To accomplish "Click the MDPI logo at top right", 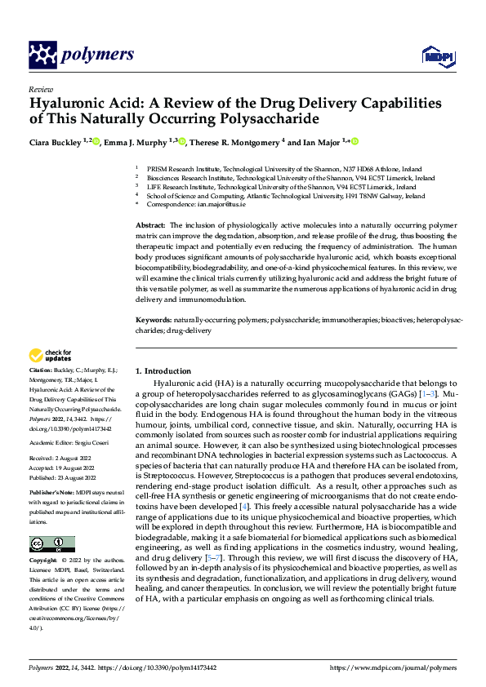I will pyautogui.click(x=437, y=55).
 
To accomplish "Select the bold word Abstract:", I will pyautogui.click(x=150, y=224).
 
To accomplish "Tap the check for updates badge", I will pyautogui.click(x=51, y=356).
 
